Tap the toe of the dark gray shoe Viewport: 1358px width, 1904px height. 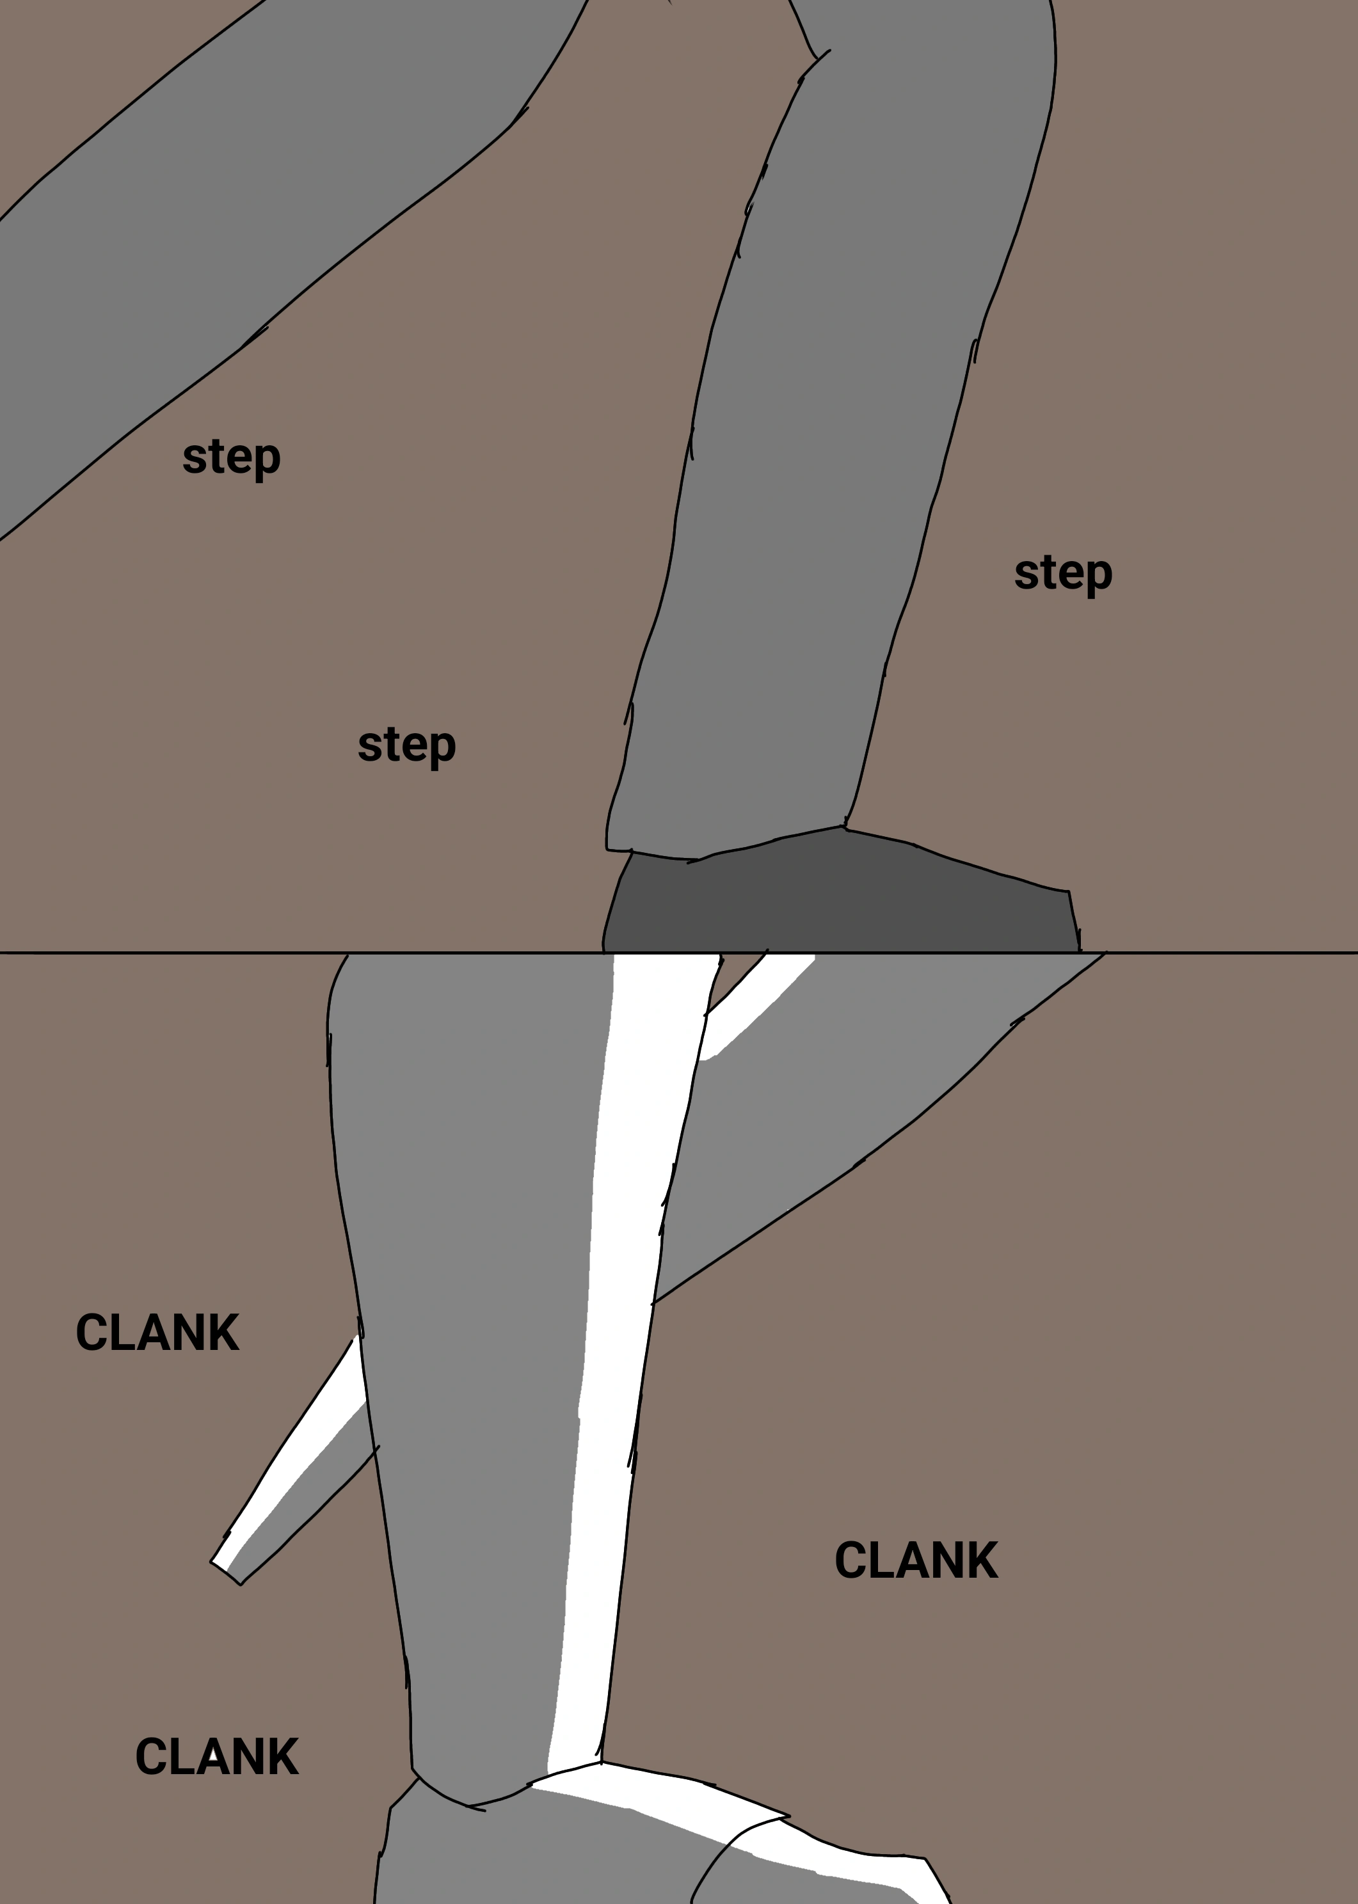click(x=1071, y=924)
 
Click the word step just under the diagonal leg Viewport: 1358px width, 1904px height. click(x=232, y=457)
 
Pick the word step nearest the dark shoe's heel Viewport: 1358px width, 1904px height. click(x=406, y=745)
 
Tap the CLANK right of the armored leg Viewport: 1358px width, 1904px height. click(x=916, y=1560)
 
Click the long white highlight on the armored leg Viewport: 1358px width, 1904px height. click(x=623, y=1354)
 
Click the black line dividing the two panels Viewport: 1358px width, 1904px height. click(x=679, y=953)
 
